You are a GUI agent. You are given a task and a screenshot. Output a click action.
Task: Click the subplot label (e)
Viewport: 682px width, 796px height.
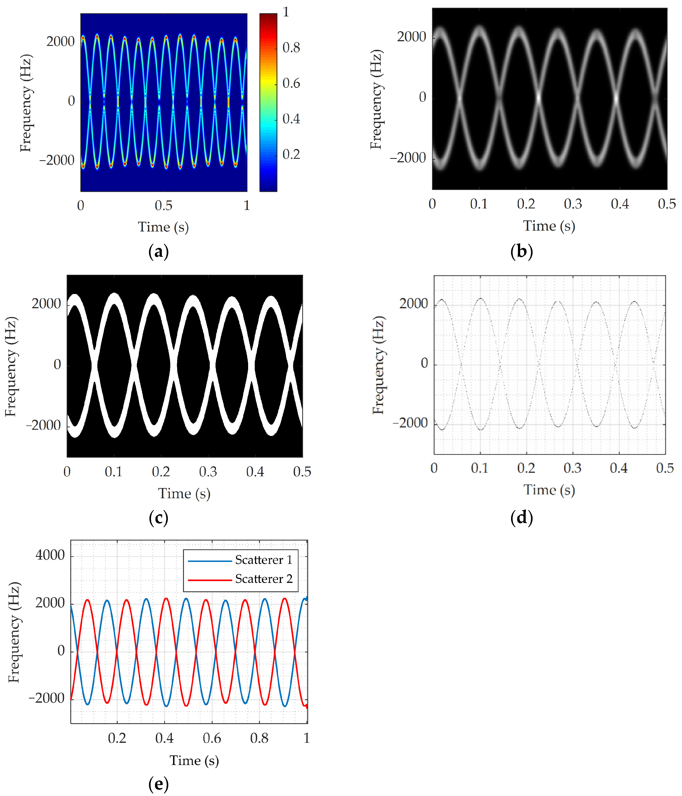click(x=158, y=784)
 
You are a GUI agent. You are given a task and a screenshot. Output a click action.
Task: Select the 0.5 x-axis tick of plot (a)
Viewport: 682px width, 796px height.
click(x=164, y=206)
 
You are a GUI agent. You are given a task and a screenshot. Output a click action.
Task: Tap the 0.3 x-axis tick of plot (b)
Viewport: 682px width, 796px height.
click(x=573, y=204)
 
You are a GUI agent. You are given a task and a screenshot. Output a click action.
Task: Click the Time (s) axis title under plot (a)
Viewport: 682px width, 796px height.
click(x=163, y=227)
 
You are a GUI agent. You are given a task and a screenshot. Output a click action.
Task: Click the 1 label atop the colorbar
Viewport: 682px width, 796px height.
click(x=286, y=12)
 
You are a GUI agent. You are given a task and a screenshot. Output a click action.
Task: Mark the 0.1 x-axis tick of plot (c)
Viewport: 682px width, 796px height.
click(x=114, y=472)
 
